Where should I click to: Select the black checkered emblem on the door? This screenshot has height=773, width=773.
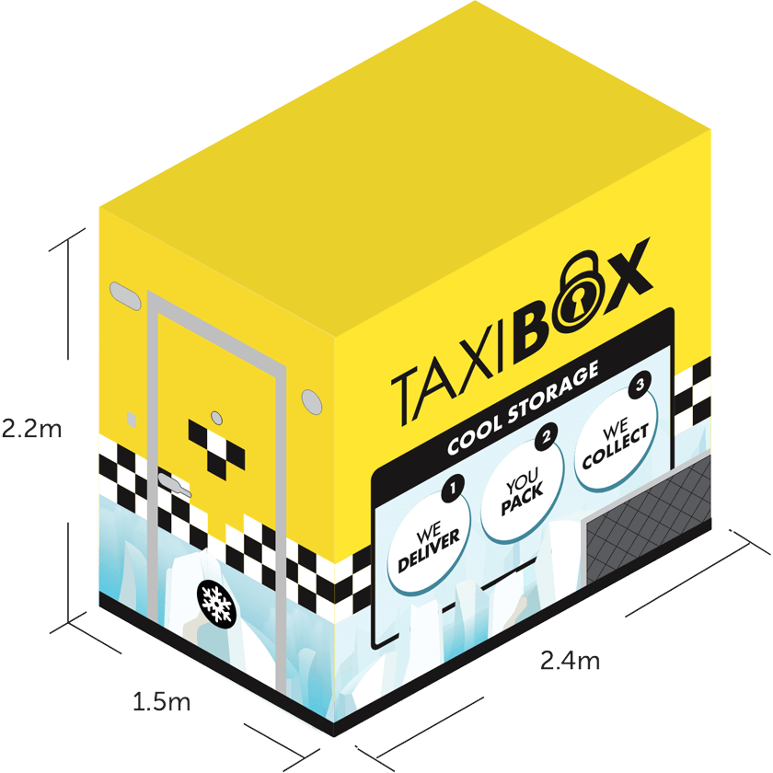click(x=216, y=447)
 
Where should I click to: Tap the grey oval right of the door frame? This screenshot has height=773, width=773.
click(x=313, y=398)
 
